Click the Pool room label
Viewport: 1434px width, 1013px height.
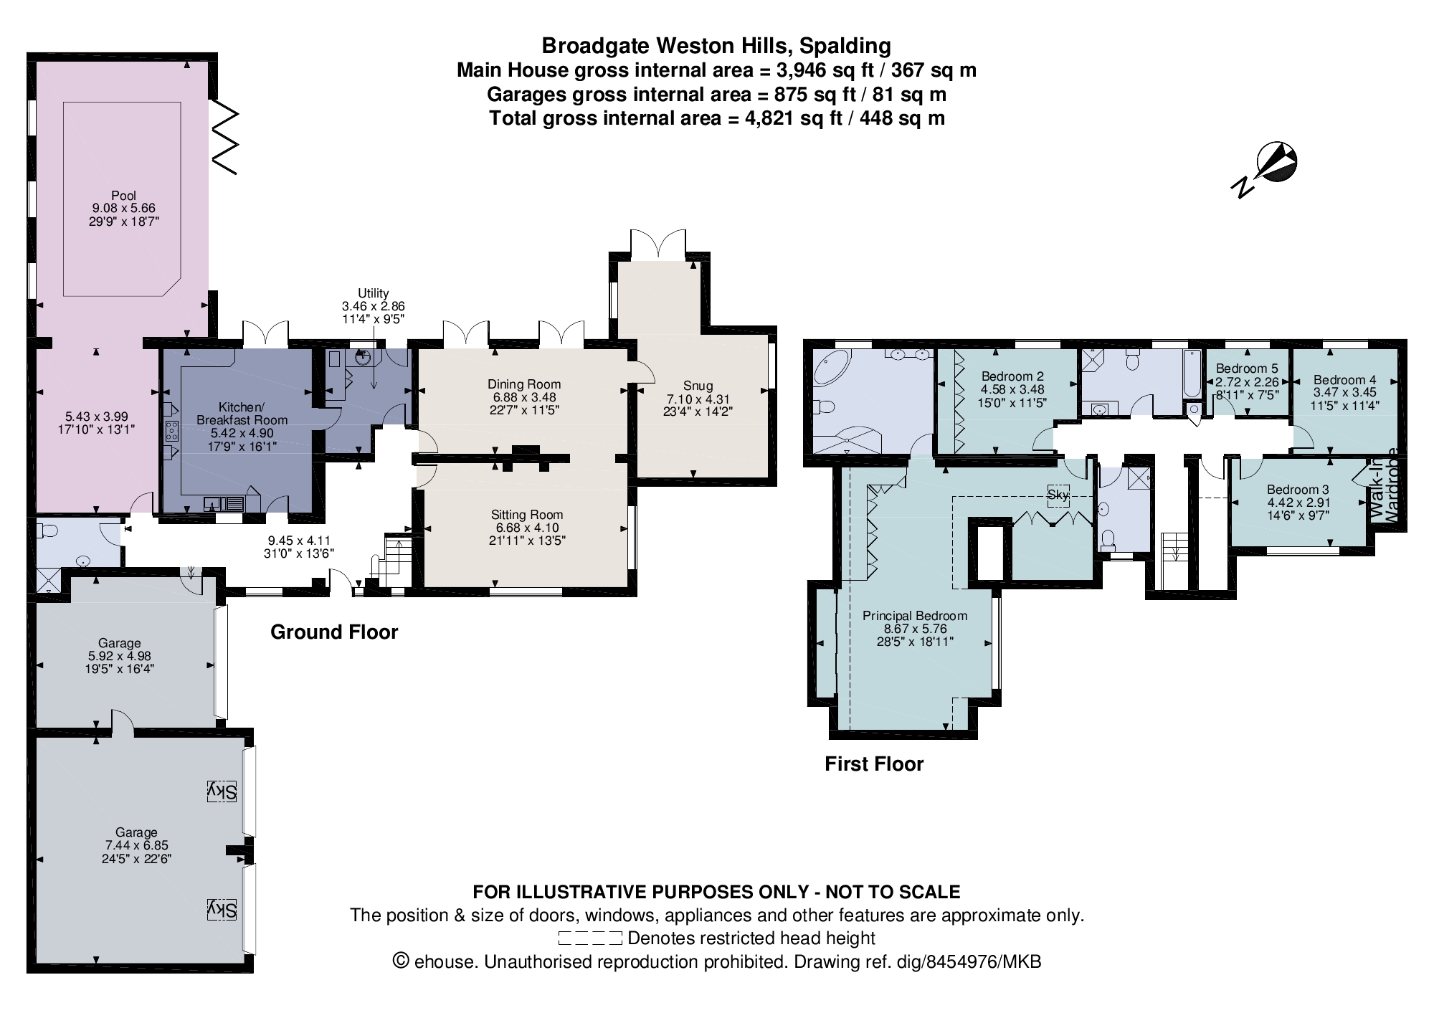coord(123,195)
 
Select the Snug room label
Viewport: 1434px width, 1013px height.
coord(698,386)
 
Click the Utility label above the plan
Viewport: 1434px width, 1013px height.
coord(373,293)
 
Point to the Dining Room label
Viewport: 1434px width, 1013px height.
coord(523,384)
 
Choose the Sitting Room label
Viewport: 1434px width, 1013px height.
coord(527,515)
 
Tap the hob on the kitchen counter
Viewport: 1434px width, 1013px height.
coord(172,431)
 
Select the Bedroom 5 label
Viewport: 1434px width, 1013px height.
coord(1247,368)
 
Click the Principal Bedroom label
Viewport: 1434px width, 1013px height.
coord(914,616)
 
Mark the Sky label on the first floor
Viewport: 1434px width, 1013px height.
coord(1058,495)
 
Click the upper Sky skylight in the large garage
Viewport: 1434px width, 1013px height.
coord(222,791)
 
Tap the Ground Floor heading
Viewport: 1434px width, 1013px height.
coord(333,632)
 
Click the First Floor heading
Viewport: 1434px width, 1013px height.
coord(873,764)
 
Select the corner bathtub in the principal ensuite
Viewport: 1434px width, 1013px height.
coord(832,370)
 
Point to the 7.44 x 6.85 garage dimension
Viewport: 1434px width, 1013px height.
coord(136,845)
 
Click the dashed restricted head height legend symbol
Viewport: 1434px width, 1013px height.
coord(589,938)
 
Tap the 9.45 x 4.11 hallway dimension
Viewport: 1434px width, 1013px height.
coord(299,541)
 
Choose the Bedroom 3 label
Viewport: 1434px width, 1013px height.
coord(1298,490)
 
